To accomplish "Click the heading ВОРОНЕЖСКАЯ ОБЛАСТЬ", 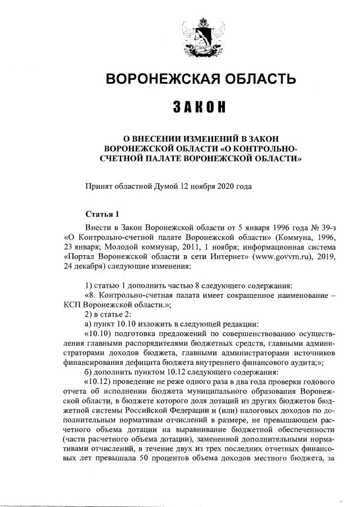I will [x=201, y=79].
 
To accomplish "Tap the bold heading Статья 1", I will [x=102, y=214].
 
